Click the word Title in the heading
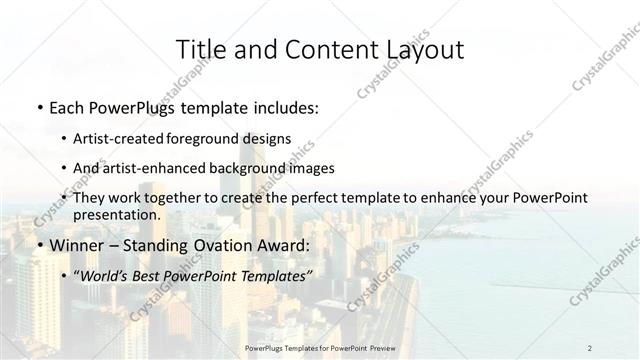[x=201, y=49]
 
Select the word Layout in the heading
[x=417, y=49]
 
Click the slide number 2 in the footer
[x=590, y=347]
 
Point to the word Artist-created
[x=116, y=138]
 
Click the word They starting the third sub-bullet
[x=88, y=198]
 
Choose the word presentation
[x=116, y=214]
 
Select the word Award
[x=287, y=245]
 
